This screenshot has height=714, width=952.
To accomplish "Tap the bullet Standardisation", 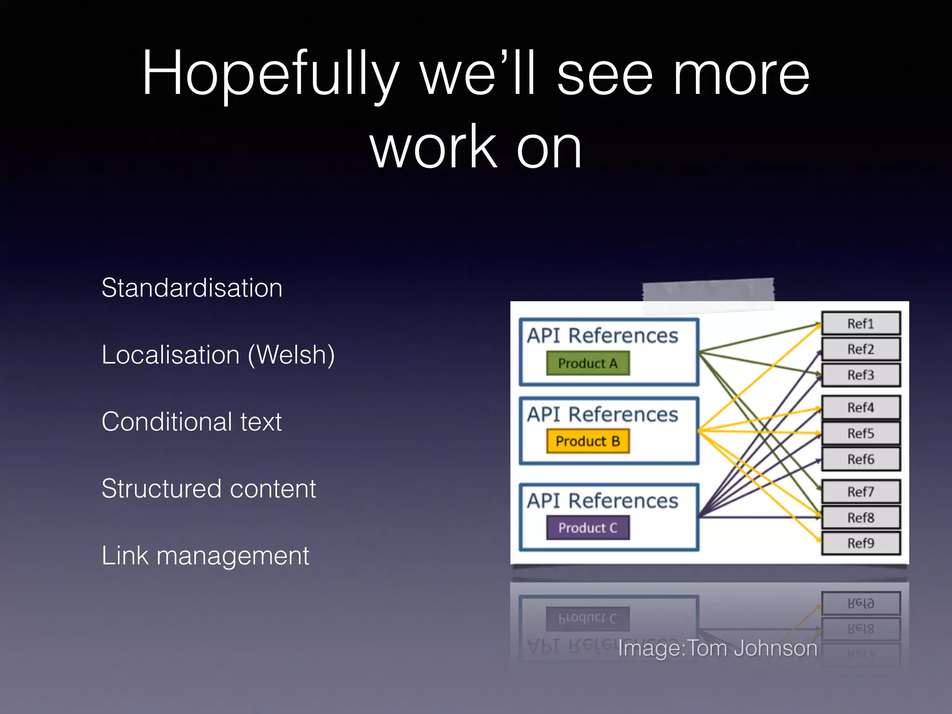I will (x=192, y=288).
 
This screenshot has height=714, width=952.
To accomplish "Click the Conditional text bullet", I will (x=192, y=422).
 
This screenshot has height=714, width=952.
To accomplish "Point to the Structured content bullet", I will (x=209, y=489).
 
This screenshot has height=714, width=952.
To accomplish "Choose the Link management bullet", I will (x=205, y=555).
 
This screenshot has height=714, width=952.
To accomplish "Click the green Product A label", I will (x=588, y=363).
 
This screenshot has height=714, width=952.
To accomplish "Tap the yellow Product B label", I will (x=588, y=441).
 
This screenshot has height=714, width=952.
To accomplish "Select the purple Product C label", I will (x=588, y=528).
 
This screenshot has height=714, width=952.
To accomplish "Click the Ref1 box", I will (x=861, y=324).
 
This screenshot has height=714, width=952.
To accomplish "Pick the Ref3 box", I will (x=861, y=375).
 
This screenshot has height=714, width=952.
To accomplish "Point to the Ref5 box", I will (x=861, y=434).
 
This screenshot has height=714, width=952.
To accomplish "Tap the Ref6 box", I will (x=861, y=459).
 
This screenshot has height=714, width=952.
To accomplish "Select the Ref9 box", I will (x=861, y=543).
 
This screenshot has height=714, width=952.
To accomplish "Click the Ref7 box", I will (x=861, y=492).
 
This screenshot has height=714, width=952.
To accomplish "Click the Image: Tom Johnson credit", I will (x=717, y=648).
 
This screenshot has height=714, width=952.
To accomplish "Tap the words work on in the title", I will (x=476, y=147).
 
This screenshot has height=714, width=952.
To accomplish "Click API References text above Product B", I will (x=602, y=414).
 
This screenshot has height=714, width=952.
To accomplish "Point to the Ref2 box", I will (x=861, y=349).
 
